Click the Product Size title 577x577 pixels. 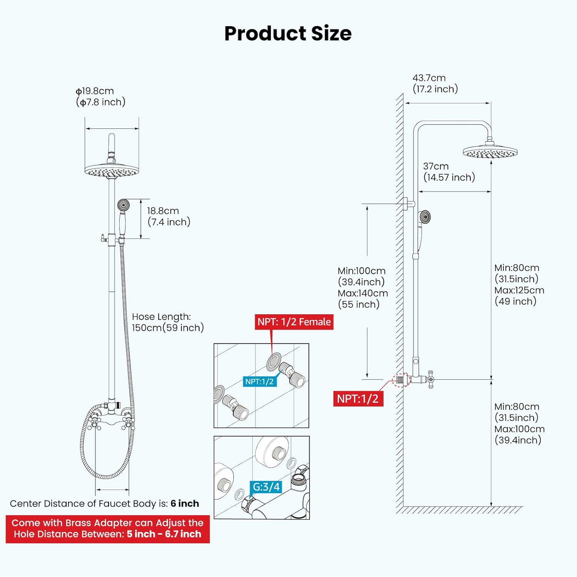[x=288, y=33]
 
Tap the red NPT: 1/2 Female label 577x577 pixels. [x=294, y=322]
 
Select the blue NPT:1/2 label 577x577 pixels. [x=259, y=382]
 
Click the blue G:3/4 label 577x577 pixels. [x=266, y=487]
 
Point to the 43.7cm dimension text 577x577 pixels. [x=429, y=78]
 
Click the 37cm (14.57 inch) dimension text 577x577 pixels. [x=449, y=172]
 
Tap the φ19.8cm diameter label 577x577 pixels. [x=95, y=91]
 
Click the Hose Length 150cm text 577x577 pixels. [x=168, y=322]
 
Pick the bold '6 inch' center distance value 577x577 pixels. [x=185, y=504]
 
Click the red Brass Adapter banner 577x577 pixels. [x=108, y=529]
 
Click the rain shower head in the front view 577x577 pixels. [x=112, y=170]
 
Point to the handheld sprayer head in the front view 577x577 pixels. [x=123, y=205]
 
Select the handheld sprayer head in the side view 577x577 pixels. [x=425, y=217]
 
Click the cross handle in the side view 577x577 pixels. [x=430, y=380]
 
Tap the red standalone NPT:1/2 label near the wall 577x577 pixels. [x=358, y=399]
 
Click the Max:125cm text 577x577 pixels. [x=519, y=290]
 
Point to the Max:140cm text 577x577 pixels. [x=363, y=293]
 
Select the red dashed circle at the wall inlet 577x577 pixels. [x=401, y=380]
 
